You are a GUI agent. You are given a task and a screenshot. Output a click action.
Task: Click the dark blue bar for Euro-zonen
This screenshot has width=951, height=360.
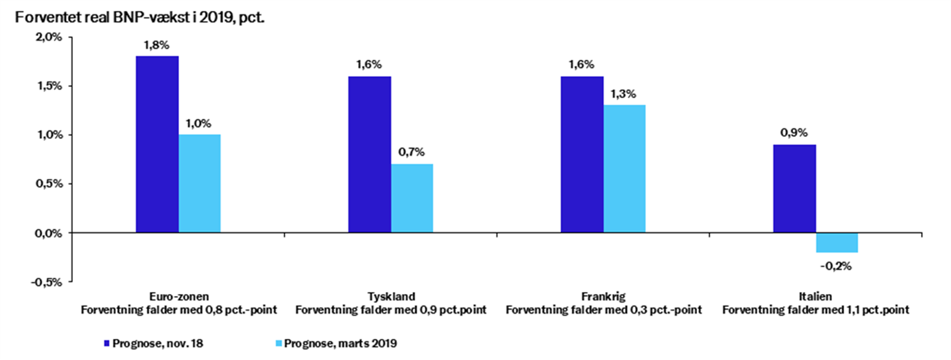click(157, 144)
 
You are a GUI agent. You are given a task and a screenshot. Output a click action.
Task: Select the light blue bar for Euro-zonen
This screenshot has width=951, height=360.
click(199, 184)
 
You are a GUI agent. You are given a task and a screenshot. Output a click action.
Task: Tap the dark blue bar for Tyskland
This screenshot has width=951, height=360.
click(370, 154)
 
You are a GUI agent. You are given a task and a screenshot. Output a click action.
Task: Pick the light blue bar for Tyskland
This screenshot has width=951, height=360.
click(412, 198)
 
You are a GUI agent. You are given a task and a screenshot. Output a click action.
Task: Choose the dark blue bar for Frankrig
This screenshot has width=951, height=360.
click(582, 154)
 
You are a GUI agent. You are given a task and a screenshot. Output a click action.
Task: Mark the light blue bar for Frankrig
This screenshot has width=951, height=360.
click(624, 169)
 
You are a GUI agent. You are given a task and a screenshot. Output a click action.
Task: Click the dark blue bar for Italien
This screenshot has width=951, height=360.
click(794, 189)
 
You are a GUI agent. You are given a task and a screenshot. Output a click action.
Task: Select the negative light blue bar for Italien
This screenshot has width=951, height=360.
click(837, 242)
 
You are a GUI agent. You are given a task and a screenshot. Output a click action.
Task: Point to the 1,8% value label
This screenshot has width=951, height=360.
click(157, 46)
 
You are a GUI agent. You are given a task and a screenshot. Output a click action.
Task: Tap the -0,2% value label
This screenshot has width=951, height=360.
click(837, 265)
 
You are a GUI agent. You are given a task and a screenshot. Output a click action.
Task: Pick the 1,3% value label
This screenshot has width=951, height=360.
click(624, 94)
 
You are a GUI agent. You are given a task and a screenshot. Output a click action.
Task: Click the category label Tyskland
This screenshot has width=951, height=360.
click(391, 297)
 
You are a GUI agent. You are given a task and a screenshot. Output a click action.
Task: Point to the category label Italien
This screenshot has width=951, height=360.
click(815, 297)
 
